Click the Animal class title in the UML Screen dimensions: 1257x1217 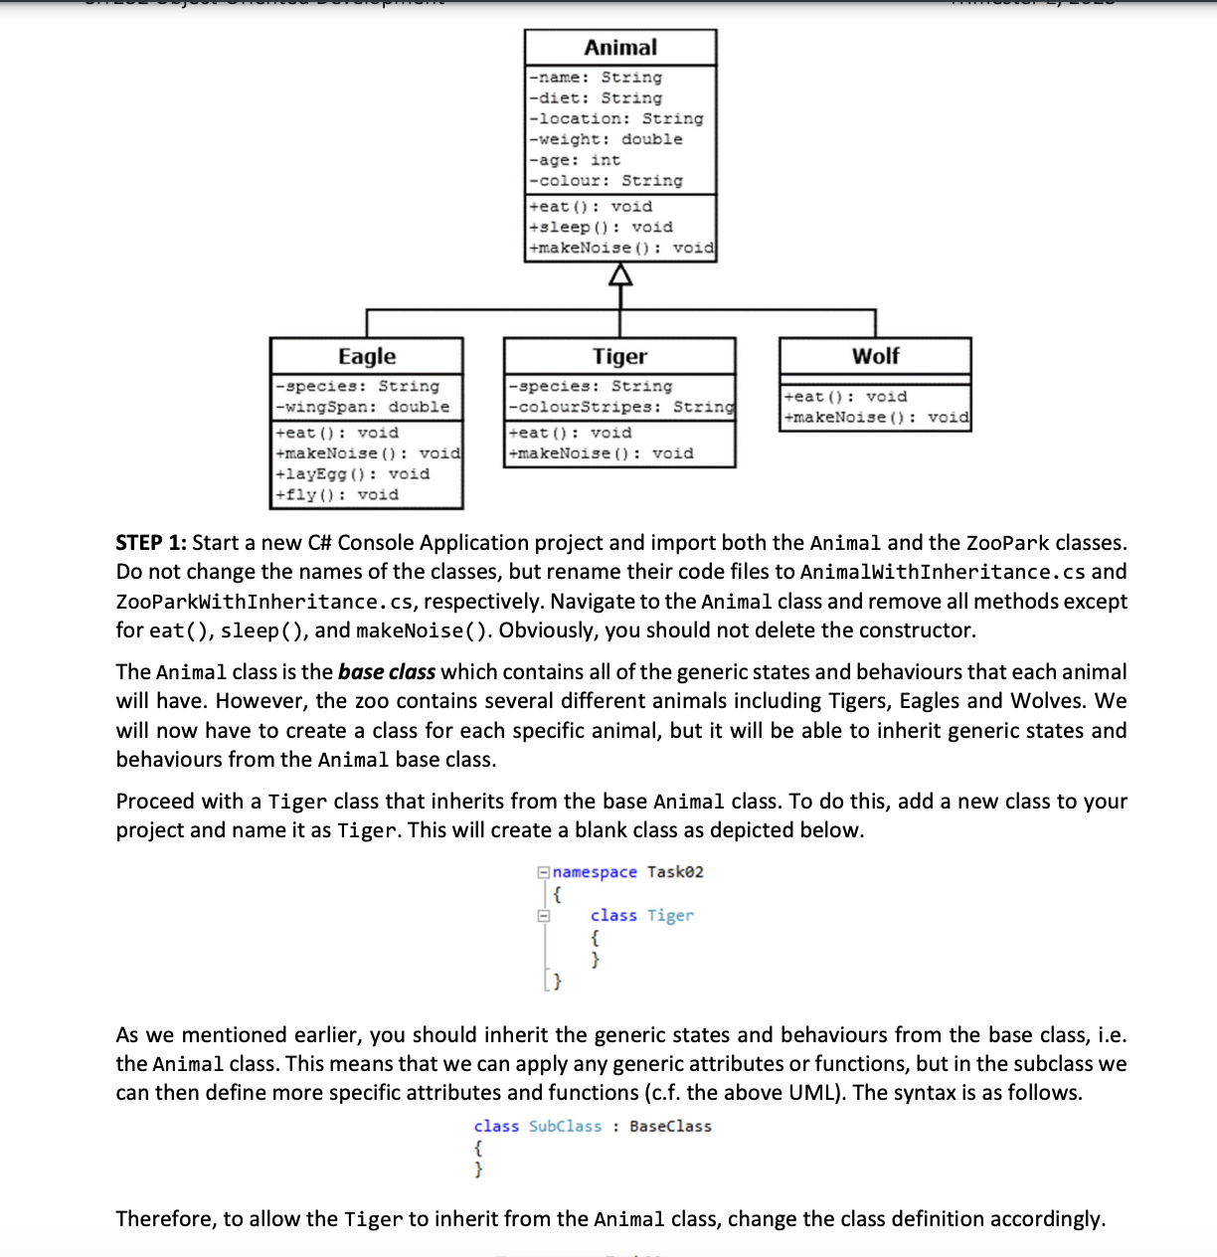pos(620,48)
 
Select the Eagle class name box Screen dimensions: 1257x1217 pos(367,356)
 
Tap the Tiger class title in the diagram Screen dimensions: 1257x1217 pos(619,356)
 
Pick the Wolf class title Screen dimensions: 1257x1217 pos(875,356)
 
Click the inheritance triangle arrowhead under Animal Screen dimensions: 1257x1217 pos(620,274)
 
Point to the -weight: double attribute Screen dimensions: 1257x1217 pos(607,139)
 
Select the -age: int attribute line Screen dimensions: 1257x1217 pos(576,160)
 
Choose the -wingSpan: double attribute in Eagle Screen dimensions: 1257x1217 pos(363,407)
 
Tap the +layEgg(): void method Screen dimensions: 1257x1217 pos(353,473)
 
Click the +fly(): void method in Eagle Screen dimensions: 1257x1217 pos(338,494)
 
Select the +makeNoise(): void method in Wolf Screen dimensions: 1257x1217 pos(876,417)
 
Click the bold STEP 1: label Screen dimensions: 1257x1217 pos(151,543)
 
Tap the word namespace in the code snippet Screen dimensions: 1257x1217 pos(595,872)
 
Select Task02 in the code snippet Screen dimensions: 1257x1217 pos(675,872)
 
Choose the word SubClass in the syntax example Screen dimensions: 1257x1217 pos(565,1127)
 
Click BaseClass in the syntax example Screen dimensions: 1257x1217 pos(670,1127)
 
